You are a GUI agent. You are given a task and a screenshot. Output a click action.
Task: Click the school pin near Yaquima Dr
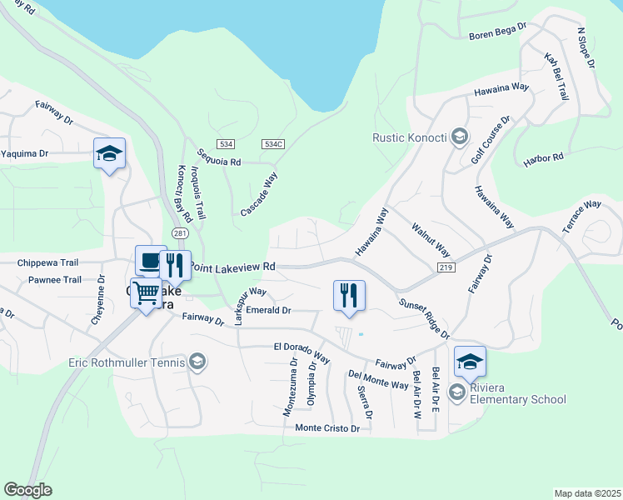pyautogui.click(x=109, y=154)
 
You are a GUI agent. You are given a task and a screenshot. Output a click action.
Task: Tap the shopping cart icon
pyautogui.click(x=147, y=292)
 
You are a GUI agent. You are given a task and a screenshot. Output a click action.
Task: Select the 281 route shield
pyautogui.click(x=180, y=232)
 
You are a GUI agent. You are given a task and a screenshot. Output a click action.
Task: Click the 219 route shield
pyautogui.click(x=445, y=266)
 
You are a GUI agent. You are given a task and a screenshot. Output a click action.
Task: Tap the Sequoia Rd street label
pyautogui.click(x=219, y=157)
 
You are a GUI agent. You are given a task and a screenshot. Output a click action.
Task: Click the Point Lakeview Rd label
pyautogui.click(x=232, y=267)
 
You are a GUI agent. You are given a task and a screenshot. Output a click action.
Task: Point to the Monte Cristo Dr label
pyautogui.click(x=327, y=428)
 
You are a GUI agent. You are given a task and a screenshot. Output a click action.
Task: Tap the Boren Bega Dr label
pyautogui.click(x=498, y=32)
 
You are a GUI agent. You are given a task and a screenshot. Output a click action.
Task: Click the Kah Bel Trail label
pyautogui.click(x=556, y=77)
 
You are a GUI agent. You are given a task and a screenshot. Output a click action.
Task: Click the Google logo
pyautogui.click(x=28, y=490)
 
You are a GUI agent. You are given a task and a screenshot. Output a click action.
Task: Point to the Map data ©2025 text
pyautogui.click(x=588, y=493)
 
